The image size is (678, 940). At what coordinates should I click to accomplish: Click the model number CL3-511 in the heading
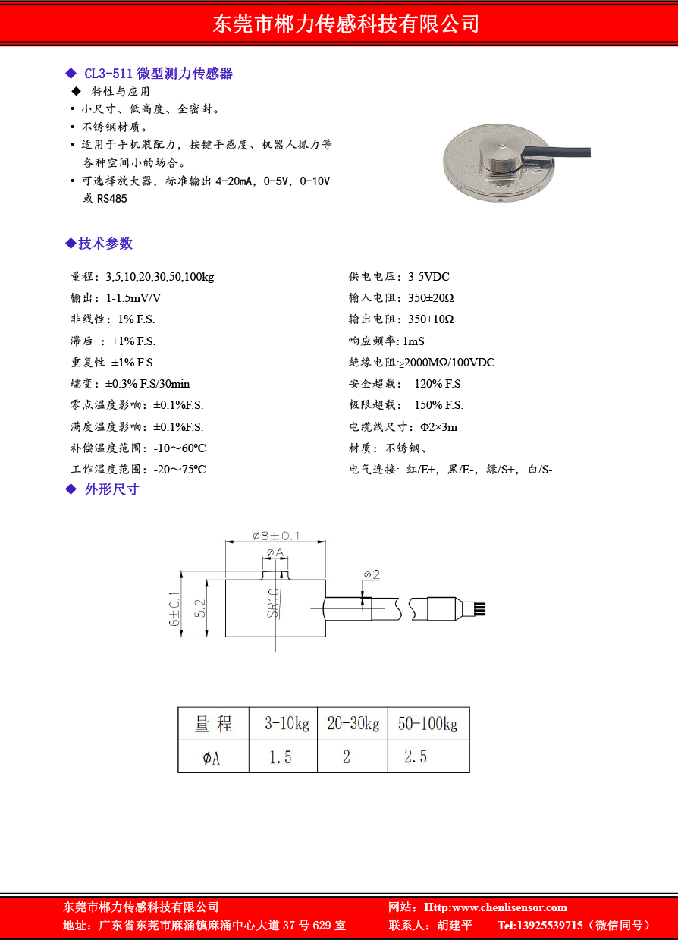(108, 74)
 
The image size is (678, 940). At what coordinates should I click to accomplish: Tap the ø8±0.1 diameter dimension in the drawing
(276, 536)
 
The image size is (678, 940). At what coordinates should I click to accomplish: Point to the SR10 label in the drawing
(273, 603)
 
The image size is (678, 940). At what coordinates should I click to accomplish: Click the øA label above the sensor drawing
(275, 552)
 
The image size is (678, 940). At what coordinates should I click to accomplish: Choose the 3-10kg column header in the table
(287, 724)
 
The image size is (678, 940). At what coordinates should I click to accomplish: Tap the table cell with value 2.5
(416, 756)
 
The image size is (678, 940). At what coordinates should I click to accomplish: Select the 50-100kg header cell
(428, 724)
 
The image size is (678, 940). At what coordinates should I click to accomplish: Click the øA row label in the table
(212, 757)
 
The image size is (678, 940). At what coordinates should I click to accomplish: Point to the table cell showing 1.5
(281, 756)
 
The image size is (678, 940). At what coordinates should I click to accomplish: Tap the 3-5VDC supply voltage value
(428, 277)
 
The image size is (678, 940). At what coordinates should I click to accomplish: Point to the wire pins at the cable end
(480, 608)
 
